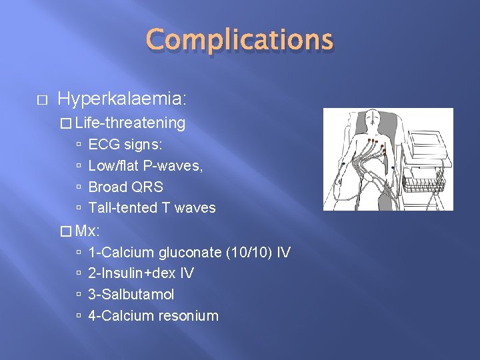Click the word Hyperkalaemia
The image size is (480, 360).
pos(120,99)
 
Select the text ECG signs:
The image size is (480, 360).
pos(125,145)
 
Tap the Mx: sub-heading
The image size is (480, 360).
pos(87,231)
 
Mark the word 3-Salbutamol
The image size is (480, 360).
pos(131,295)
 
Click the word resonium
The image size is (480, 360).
pos(188,316)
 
